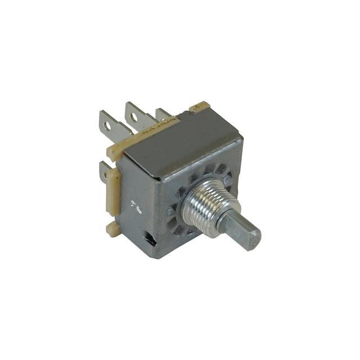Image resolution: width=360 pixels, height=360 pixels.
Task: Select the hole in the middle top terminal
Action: point(134,118)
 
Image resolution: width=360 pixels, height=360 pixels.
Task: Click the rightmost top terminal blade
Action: point(163,115)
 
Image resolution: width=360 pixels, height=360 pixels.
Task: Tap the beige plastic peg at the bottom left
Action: point(113,227)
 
